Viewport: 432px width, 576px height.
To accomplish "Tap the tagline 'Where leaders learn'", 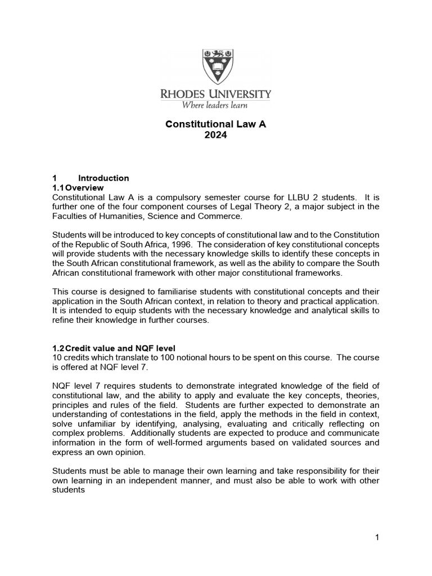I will point(215,104).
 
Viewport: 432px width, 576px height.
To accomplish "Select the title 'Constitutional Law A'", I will point(215,124).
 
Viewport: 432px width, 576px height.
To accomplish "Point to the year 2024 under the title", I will point(215,135).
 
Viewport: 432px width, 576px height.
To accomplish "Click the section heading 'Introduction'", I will point(103,178).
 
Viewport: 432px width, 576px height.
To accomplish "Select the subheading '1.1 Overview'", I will point(78,187).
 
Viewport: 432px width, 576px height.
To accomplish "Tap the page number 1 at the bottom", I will point(377,538).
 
